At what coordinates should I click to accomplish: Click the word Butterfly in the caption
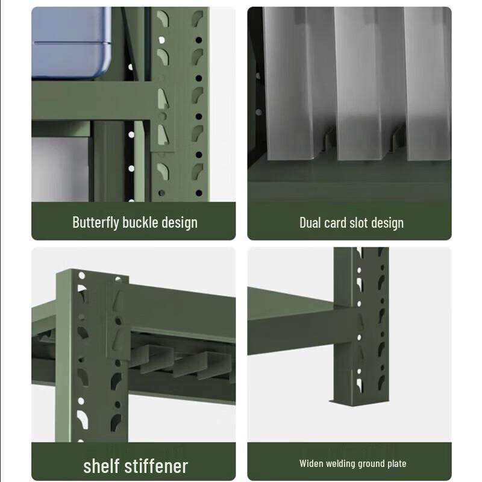click(96, 222)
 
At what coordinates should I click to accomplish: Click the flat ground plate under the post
click(361, 401)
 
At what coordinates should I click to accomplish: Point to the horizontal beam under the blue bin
click(90, 102)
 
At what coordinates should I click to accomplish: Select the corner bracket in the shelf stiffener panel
click(118, 319)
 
